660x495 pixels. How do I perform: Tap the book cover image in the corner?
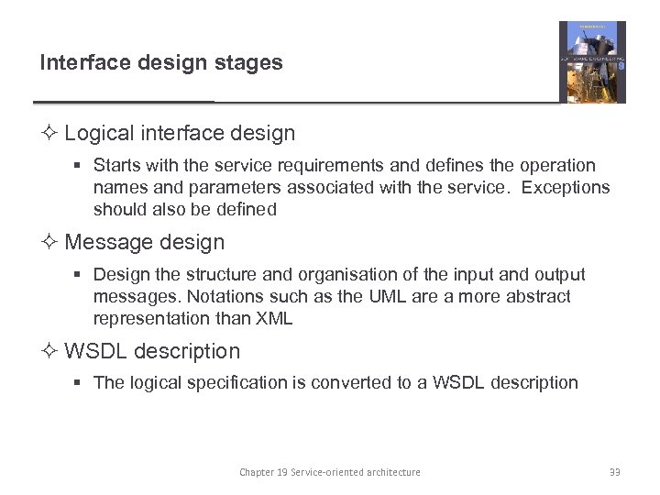coord(592,61)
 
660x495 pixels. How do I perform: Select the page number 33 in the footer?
coord(614,472)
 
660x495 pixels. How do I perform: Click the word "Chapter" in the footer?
coord(258,472)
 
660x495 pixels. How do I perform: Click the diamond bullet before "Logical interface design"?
coord(50,134)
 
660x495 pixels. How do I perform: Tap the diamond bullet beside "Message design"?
coord(50,243)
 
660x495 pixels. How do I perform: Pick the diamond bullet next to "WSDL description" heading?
coord(50,352)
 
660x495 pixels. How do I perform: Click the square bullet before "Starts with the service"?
coord(80,167)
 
